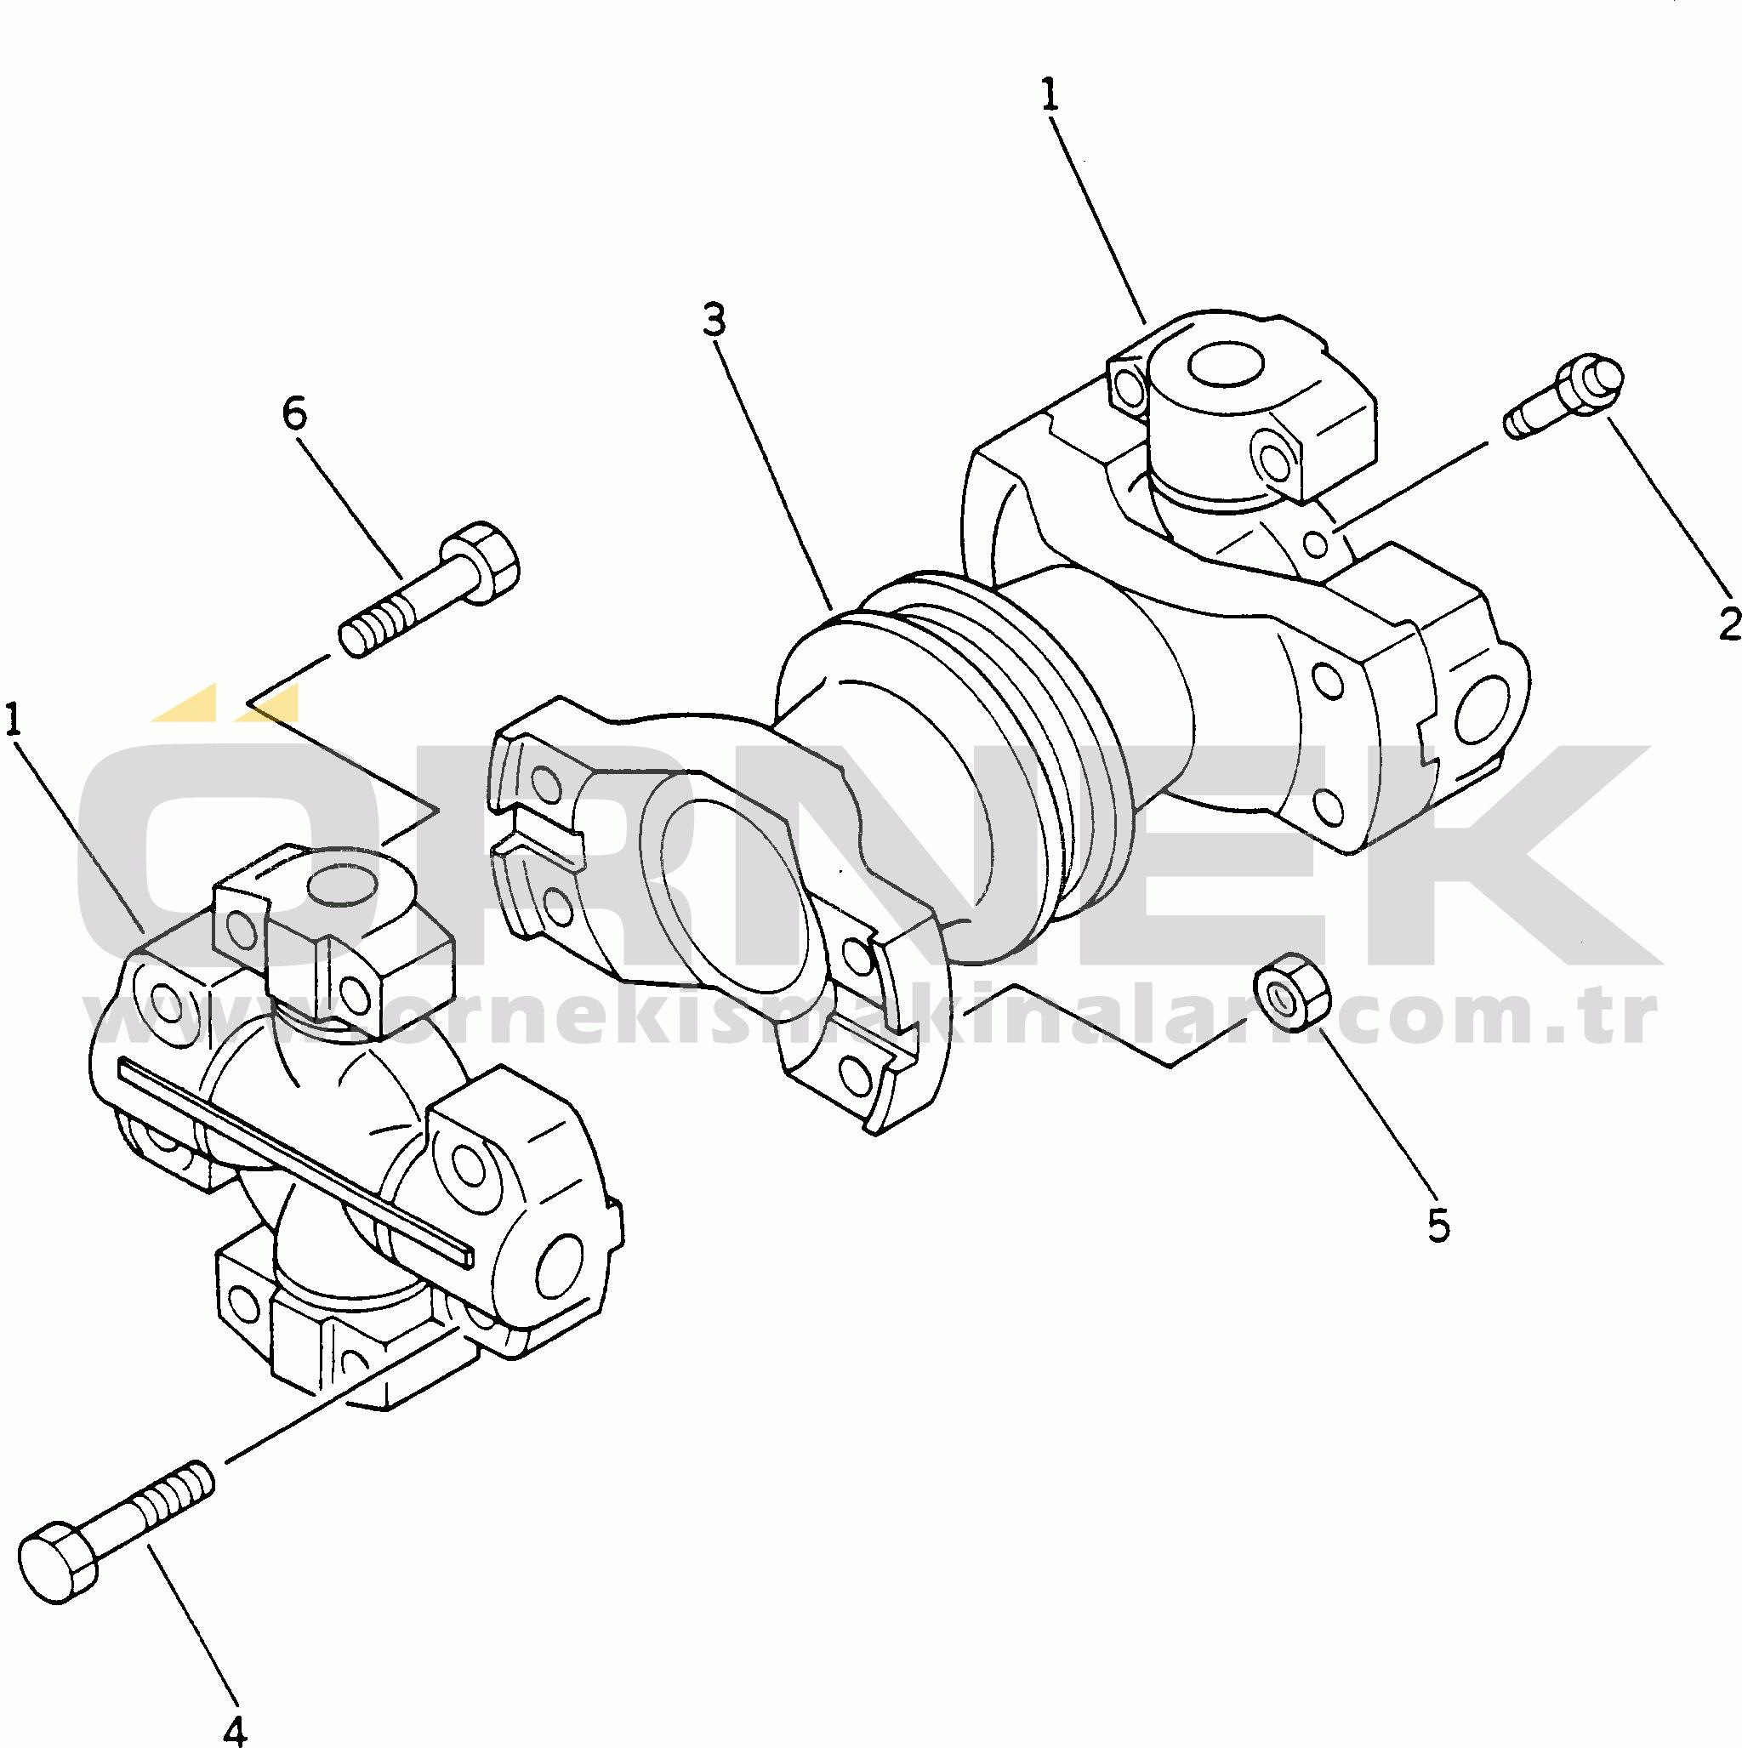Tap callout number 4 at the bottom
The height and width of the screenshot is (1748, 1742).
[233, 1728]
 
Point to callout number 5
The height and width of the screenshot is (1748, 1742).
[1438, 1221]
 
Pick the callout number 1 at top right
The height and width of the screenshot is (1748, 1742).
[1050, 95]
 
